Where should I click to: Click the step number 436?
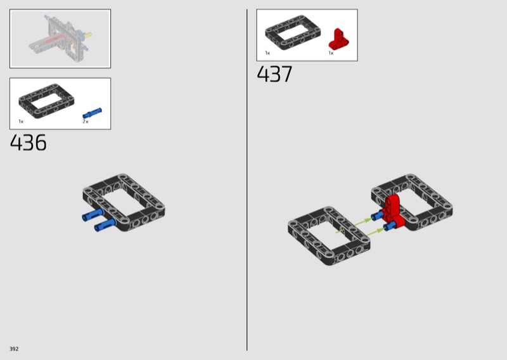pos(28,143)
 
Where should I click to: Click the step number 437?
pos(274,74)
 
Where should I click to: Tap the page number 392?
pos(14,349)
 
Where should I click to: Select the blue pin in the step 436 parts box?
pos(92,113)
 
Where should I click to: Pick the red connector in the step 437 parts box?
pos(338,39)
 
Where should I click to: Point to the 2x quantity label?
pos(86,121)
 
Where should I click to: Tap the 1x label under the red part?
pos(331,53)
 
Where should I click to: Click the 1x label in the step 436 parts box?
pos(21,121)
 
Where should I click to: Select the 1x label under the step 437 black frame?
pos(267,53)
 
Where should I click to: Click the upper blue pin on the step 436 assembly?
pos(93,215)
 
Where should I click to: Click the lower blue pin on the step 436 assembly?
pos(105,224)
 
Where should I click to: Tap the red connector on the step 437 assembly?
pos(394,210)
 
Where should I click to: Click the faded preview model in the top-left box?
pos(60,39)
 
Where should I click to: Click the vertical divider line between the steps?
pos(247,179)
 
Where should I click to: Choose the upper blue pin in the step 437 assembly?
pos(377,215)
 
